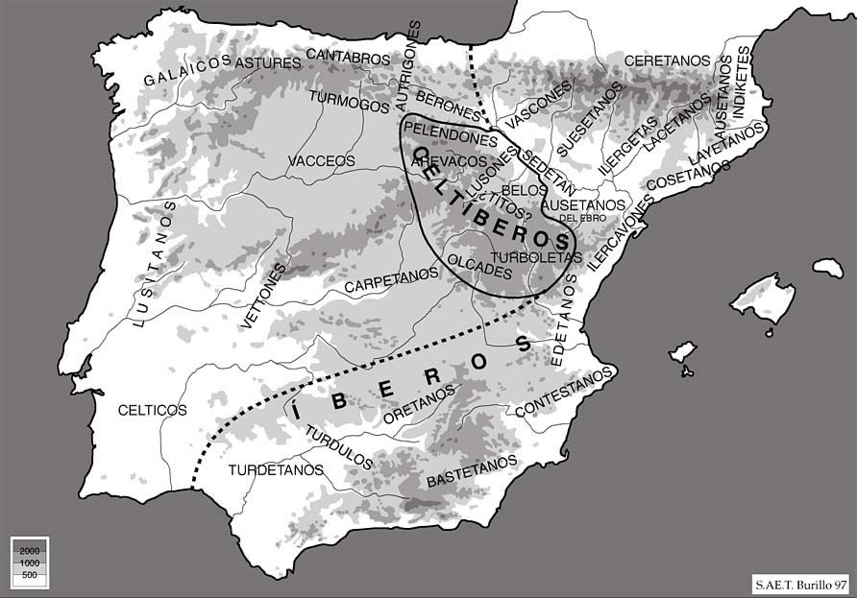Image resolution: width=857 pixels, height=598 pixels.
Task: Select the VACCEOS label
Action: coord(321,160)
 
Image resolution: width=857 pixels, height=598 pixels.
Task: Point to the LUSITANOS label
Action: coord(153,264)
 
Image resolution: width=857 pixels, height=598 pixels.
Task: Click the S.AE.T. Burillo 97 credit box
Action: coord(799,583)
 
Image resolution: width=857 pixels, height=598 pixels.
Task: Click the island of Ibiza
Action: coord(682,351)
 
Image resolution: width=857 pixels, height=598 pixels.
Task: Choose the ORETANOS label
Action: coord(418,406)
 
